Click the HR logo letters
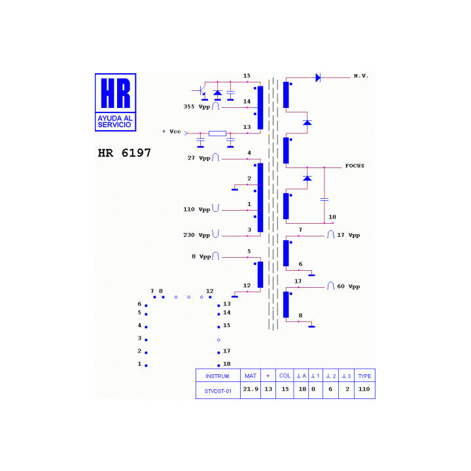tap(116, 93)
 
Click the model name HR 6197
tap(124, 153)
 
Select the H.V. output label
tap(360, 76)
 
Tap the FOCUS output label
tap(355, 166)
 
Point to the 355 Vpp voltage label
tap(197, 107)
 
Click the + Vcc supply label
tap(171, 131)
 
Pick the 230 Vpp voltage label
tap(197, 235)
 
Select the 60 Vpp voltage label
tap(349, 287)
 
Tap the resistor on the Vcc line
tap(217, 133)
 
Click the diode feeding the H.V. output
tap(318, 78)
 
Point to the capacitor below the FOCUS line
tap(324, 200)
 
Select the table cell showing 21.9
tap(251, 389)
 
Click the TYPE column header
tap(364, 376)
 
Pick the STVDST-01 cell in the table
tap(218, 391)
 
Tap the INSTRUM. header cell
tap(218, 376)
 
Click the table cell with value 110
tap(364, 389)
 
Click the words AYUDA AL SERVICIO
tap(115, 122)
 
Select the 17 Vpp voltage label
tap(349, 235)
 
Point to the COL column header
tap(285, 375)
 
